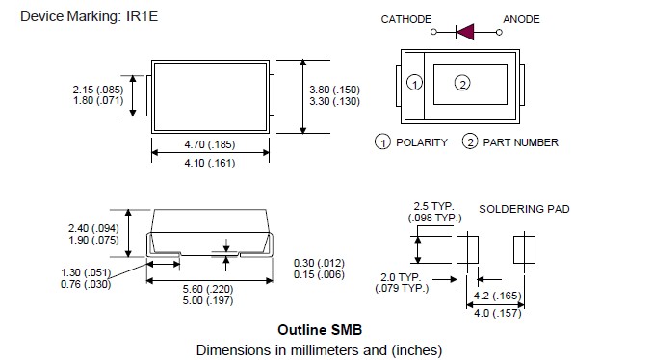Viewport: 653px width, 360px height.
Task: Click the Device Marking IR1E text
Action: [x=90, y=16]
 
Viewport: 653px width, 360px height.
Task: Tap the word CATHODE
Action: [x=406, y=19]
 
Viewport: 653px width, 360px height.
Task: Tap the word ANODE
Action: [x=521, y=19]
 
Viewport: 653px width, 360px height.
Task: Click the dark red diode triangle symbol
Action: [x=465, y=32]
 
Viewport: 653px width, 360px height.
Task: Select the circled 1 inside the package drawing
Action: [x=414, y=83]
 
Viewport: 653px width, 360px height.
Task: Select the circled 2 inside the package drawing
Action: [x=462, y=83]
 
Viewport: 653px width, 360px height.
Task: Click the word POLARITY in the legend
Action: [x=422, y=142]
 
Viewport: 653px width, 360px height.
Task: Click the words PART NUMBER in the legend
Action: [x=520, y=142]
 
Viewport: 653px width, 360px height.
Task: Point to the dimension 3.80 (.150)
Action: [x=334, y=90]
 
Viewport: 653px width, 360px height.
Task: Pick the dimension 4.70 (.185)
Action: [x=210, y=144]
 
